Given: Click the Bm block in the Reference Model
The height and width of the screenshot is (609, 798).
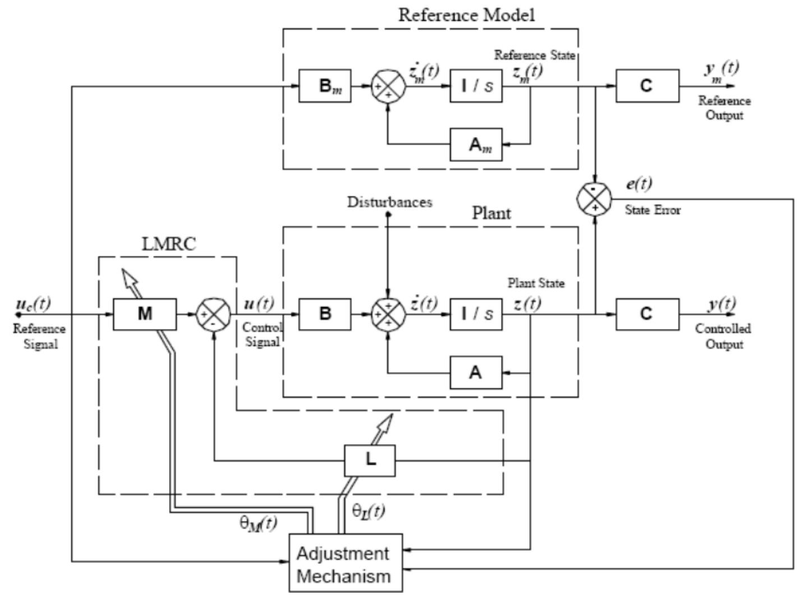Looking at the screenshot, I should tap(325, 86).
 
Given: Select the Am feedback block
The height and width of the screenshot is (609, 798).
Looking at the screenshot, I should tap(476, 145).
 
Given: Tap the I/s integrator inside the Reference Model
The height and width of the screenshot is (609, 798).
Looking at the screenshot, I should tap(476, 86).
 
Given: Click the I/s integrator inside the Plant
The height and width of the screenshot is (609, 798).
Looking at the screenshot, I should tap(476, 314).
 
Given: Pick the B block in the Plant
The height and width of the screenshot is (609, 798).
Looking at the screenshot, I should tap(325, 314).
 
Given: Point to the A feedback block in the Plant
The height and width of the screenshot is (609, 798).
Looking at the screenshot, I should tap(476, 372).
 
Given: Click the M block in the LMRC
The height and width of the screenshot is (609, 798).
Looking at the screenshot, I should tap(145, 314).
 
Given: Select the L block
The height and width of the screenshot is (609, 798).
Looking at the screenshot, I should tap(370, 461).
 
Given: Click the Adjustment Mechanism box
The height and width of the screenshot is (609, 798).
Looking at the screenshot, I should tap(346, 564).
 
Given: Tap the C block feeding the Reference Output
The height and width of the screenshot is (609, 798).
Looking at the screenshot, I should tap(647, 86).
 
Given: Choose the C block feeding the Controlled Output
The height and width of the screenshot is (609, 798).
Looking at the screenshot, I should tap(647, 314).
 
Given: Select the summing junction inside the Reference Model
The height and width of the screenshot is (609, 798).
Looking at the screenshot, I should tap(388, 86).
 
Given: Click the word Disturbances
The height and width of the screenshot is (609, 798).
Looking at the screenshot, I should tap(389, 202).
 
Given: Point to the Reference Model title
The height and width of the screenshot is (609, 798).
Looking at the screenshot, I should tap(466, 15).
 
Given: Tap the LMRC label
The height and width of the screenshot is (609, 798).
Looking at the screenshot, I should tap(168, 245).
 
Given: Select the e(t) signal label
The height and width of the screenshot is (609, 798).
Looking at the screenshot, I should tap(639, 184).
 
